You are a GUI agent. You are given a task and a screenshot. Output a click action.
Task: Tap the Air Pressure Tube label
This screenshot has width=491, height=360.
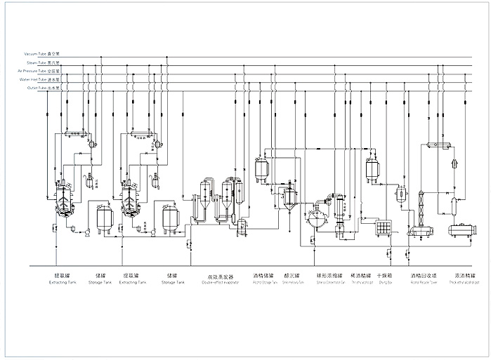(40, 71)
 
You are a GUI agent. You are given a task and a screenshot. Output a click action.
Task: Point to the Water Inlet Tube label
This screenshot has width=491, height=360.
(41, 80)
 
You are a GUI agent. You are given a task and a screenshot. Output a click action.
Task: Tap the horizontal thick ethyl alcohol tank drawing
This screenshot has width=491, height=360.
(464, 229)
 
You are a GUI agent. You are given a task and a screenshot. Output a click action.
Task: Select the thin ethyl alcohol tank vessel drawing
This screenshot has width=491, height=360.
(372, 168)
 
